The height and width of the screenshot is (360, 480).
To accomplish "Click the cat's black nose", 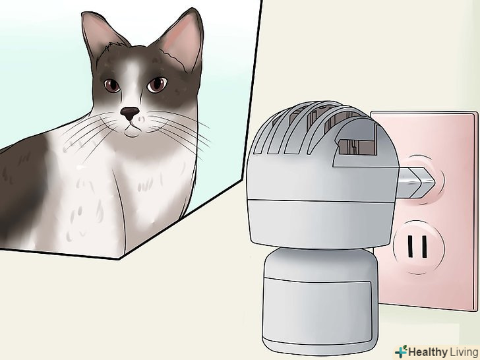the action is [x=129, y=113].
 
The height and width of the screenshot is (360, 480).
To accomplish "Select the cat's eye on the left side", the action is [x=112, y=86].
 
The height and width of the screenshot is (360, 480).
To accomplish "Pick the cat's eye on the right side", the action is [x=157, y=84].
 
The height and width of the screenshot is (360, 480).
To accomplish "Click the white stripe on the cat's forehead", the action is [x=133, y=76].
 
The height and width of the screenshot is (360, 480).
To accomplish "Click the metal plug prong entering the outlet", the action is [x=415, y=183].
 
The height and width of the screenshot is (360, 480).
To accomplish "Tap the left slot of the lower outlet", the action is [x=410, y=247].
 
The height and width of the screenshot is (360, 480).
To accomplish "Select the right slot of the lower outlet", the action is [x=425, y=247].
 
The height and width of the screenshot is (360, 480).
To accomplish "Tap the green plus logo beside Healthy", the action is [x=401, y=351].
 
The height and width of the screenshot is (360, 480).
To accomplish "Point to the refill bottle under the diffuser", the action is [x=320, y=301].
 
